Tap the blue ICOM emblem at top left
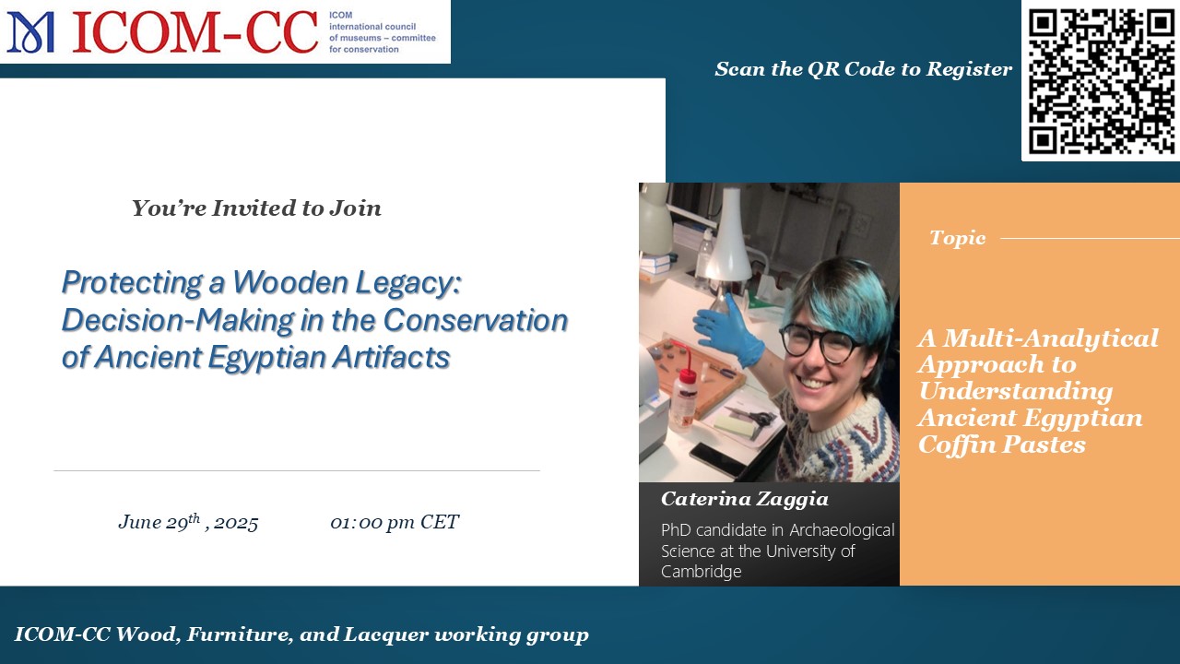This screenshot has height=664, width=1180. pyautogui.click(x=30, y=32)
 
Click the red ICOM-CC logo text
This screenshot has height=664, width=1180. pyautogui.click(x=195, y=32)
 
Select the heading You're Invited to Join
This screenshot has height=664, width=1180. pyautogui.click(x=256, y=208)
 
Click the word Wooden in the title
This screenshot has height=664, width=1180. pyautogui.click(x=290, y=282)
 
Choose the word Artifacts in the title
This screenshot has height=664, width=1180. pyautogui.click(x=391, y=357)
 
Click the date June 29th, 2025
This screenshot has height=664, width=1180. pyautogui.click(x=188, y=522)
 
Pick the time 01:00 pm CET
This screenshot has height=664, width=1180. pyautogui.click(x=395, y=522)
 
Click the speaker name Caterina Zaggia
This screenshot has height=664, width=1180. pyautogui.click(x=744, y=500)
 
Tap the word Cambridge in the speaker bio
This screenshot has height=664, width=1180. pyautogui.click(x=702, y=571)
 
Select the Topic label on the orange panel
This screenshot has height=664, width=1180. pyautogui.click(x=957, y=238)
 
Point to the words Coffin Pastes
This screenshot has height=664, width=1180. pyautogui.click(x=1001, y=445)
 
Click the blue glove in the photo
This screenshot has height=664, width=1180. pyautogui.click(x=729, y=331)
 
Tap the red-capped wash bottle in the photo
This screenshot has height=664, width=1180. pyautogui.click(x=685, y=399)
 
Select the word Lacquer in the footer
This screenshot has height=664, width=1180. pyautogui.click(x=385, y=634)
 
